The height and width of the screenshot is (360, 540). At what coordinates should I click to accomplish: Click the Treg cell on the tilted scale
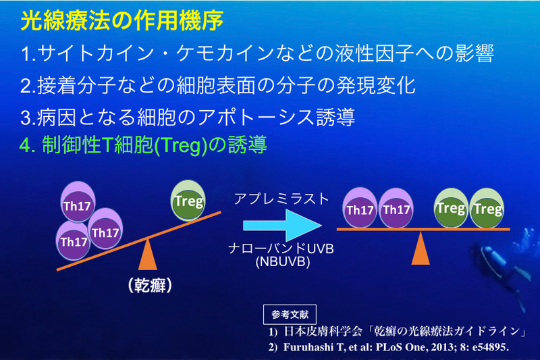(189, 201)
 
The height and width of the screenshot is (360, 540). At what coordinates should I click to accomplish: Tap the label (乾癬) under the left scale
(146, 286)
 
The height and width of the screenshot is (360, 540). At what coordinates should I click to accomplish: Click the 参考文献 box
(289, 315)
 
